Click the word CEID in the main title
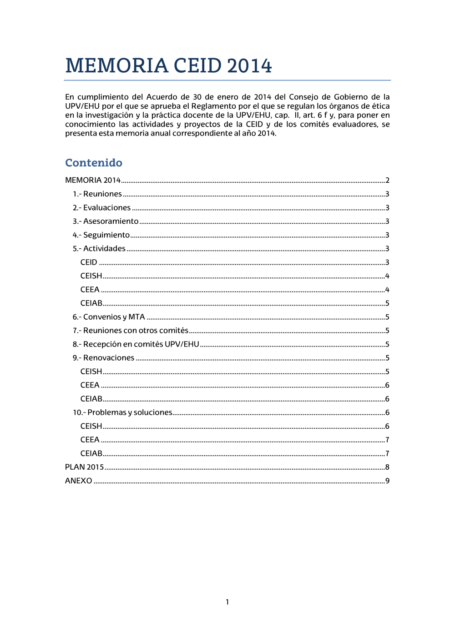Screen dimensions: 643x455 (x=198, y=66)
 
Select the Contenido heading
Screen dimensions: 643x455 (x=94, y=163)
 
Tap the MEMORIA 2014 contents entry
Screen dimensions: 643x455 (x=93, y=181)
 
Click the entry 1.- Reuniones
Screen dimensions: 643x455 (x=97, y=194)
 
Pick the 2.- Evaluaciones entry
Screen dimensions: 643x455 (x=101, y=208)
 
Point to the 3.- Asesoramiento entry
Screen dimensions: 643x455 (x=106, y=221)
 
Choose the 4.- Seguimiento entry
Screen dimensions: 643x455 (x=101, y=235)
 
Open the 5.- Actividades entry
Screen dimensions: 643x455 (x=99, y=249)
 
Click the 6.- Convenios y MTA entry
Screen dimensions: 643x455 (x=109, y=317)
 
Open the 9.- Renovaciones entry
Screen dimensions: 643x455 (x=103, y=358)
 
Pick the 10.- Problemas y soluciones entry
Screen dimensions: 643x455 (x=122, y=412)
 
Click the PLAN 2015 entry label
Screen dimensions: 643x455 (x=84, y=467)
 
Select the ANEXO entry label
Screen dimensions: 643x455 (x=78, y=481)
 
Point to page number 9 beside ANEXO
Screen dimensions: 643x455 (x=387, y=481)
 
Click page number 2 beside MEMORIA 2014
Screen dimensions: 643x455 (x=387, y=181)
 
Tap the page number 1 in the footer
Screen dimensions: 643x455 (x=227, y=602)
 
